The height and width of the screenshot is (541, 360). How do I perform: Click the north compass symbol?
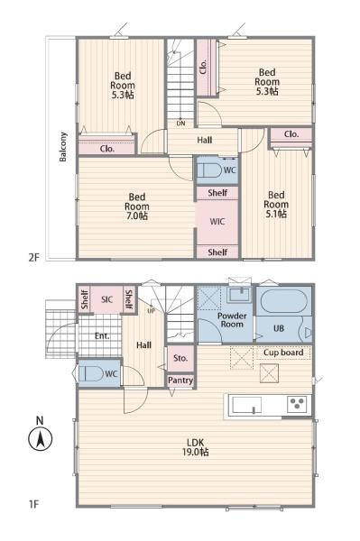[x=40, y=439]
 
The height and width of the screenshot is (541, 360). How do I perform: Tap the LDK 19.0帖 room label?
[x=196, y=447]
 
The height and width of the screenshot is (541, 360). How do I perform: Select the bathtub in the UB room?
[x=283, y=301]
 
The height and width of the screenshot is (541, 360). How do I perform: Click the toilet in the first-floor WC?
[x=91, y=373]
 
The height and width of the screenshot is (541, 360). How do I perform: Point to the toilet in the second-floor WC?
[x=209, y=170]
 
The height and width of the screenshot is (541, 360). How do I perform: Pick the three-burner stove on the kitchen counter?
[x=297, y=404]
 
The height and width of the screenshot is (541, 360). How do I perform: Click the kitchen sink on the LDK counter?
[x=246, y=405]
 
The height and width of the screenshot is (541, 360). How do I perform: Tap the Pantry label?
[x=180, y=381]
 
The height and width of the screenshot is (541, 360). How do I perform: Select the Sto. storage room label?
[x=180, y=358]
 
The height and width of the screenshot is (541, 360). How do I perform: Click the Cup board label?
[x=283, y=353]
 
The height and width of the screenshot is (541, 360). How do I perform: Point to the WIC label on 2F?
[x=217, y=222]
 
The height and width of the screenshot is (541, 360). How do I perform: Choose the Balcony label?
[x=63, y=147]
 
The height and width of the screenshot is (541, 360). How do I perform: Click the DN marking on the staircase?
[x=180, y=124]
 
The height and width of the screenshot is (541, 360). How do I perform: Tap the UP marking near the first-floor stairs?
[x=152, y=310]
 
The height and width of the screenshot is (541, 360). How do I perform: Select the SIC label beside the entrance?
[x=107, y=299]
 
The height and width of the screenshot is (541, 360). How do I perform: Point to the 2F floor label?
[x=33, y=257]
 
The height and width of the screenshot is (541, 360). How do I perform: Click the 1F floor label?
[x=33, y=504]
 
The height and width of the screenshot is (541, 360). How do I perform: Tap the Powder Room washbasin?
[x=240, y=295]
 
